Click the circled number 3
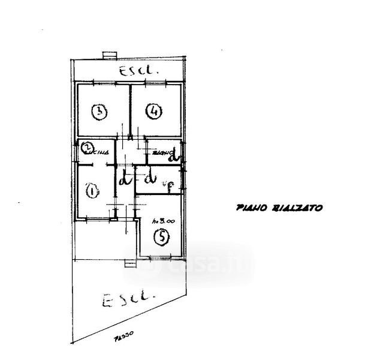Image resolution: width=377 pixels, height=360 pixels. pos(99,112)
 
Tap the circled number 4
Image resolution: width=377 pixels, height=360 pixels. pos(154,111)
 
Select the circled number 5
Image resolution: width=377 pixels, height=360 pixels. pos(160,238)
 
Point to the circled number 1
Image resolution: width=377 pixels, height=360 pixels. pos(92,191)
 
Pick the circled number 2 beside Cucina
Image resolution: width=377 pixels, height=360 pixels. pos(87,148)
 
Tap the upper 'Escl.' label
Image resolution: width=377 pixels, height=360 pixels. pos(138,71)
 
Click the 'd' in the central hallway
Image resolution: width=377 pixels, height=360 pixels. pos(125,179)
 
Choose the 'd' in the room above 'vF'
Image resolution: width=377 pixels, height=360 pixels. pos(150,178)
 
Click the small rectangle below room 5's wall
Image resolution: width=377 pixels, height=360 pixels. pos(129,263)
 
